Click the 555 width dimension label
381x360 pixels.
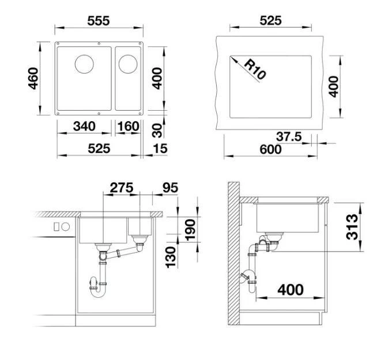[99, 21]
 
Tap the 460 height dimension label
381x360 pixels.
[33, 78]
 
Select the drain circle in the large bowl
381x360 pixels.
[84, 64]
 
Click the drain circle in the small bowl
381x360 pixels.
[128, 64]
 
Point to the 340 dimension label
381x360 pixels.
[84, 126]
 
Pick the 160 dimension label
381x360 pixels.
[129, 126]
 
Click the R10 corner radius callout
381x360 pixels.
[254, 69]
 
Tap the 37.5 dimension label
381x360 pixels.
[289, 137]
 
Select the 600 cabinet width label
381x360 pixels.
[270, 149]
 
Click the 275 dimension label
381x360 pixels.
[122, 187]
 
